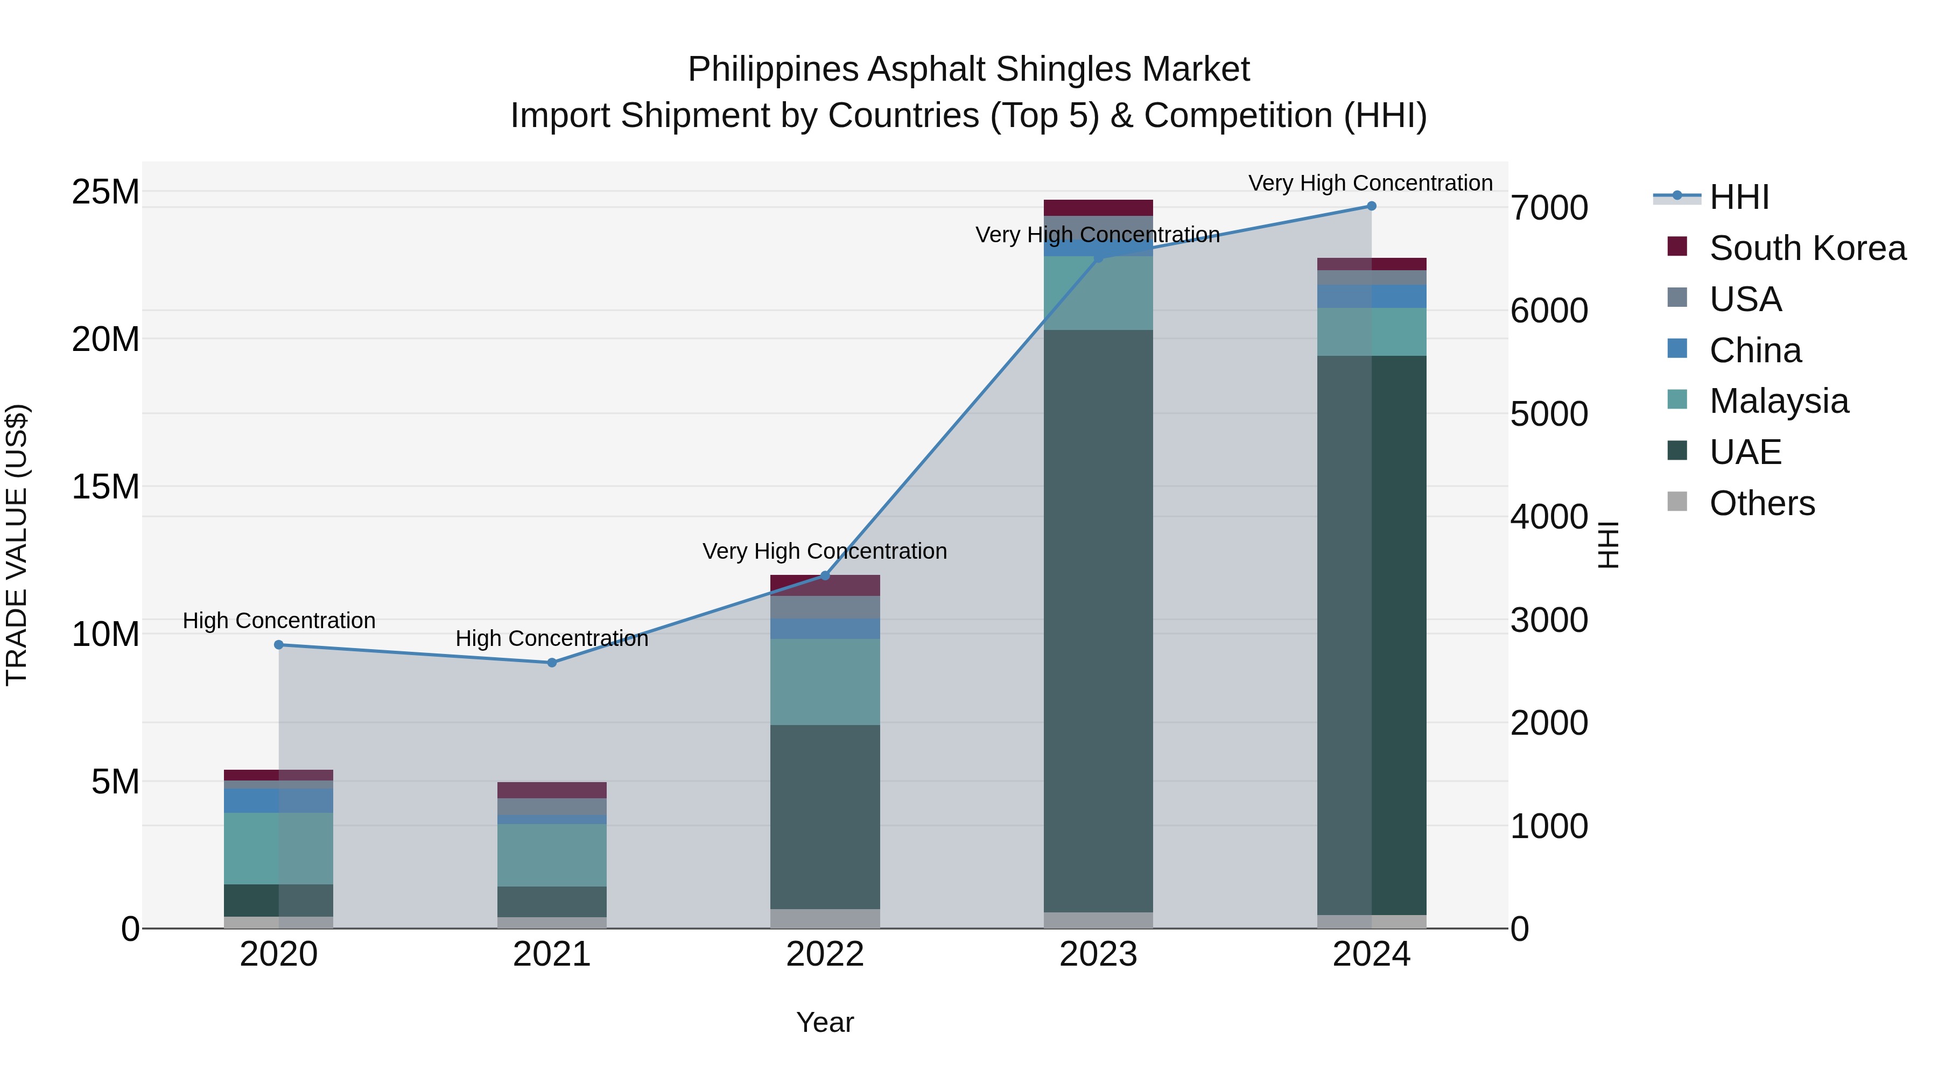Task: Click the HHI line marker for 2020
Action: [x=278, y=645]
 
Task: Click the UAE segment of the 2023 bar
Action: [x=1098, y=621]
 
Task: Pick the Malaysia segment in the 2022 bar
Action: [x=825, y=681]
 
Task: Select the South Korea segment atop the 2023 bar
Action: [x=1098, y=208]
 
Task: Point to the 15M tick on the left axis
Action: [x=106, y=487]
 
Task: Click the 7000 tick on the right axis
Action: [x=1549, y=208]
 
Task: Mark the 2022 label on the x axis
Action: [x=825, y=954]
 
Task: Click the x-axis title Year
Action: [x=825, y=1022]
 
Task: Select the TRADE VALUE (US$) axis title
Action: [x=17, y=545]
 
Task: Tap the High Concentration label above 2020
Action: [x=278, y=621]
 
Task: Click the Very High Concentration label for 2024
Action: [x=1370, y=183]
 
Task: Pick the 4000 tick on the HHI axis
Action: [x=1549, y=517]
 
